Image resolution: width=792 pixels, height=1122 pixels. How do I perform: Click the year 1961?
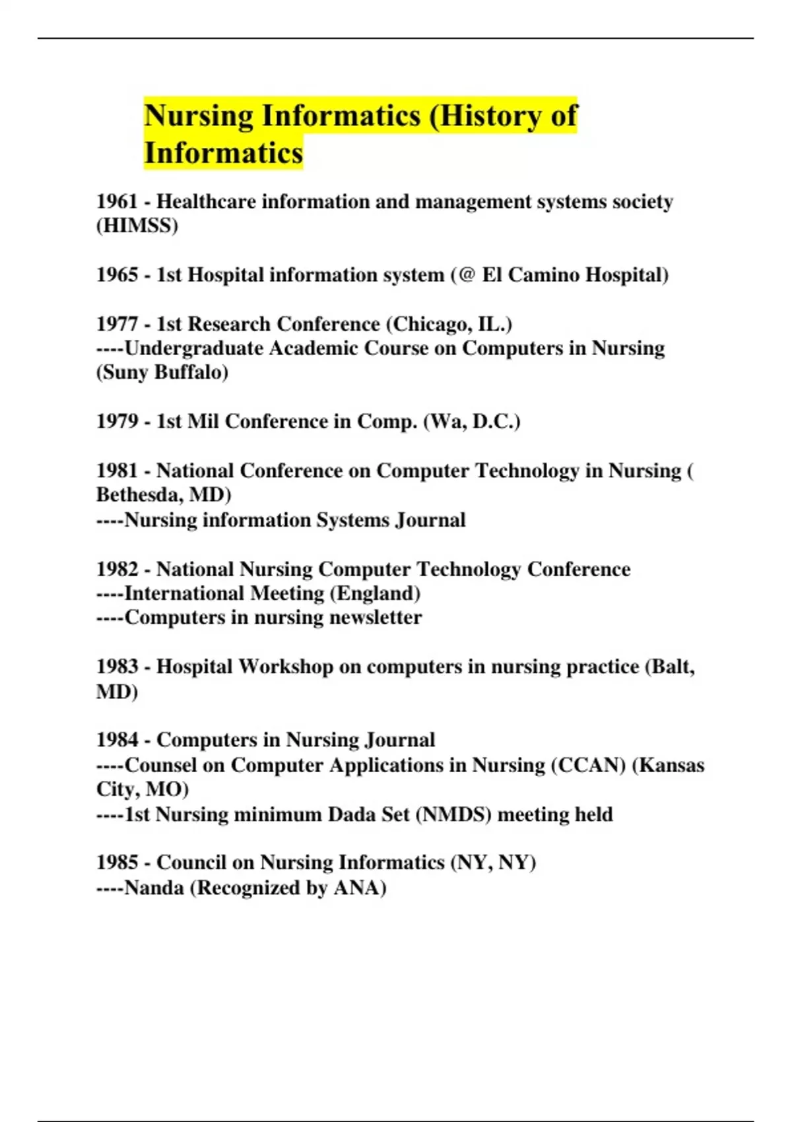117,201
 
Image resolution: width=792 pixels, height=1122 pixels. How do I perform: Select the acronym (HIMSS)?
137,226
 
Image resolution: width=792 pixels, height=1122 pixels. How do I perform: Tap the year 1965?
117,275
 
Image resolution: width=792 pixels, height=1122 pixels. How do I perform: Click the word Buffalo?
191,372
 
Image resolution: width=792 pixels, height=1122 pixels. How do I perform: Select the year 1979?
117,421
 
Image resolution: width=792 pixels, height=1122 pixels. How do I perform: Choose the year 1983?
117,667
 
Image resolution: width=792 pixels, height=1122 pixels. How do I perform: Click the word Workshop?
285,667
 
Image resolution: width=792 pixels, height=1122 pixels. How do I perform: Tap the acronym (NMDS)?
453,814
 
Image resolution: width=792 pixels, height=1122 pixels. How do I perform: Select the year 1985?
117,863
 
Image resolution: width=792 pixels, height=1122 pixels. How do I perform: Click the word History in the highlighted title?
488,115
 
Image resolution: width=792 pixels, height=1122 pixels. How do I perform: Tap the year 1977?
117,324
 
